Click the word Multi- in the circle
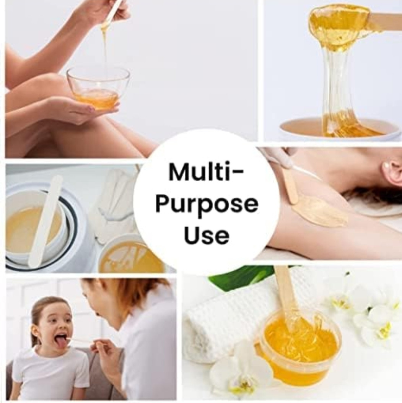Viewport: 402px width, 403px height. pyautogui.click(x=206, y=171)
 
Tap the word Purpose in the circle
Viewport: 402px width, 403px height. pyautogui.click(x=207, y=205)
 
